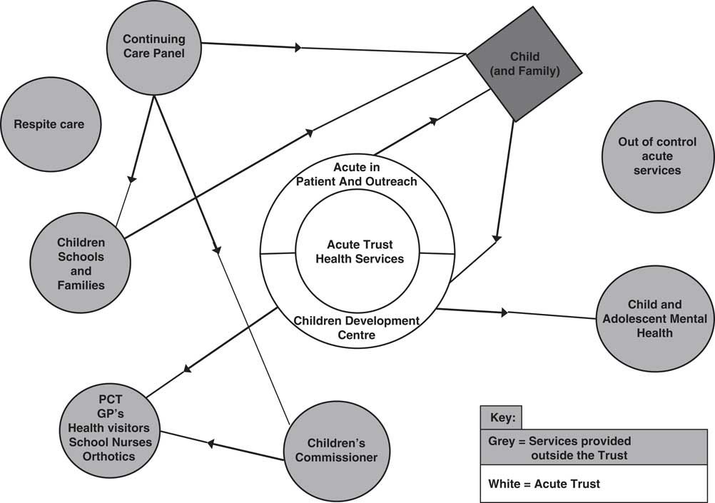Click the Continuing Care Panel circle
[153, 46]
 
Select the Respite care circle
[49, 125]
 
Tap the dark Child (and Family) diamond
[524, 64]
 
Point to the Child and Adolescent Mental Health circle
[644, 318]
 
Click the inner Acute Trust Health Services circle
[359, 252]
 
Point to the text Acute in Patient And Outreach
[356, 174]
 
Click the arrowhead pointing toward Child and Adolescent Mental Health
[506, 313]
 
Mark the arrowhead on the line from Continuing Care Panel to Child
[298, 48]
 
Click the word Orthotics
[108, 456]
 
